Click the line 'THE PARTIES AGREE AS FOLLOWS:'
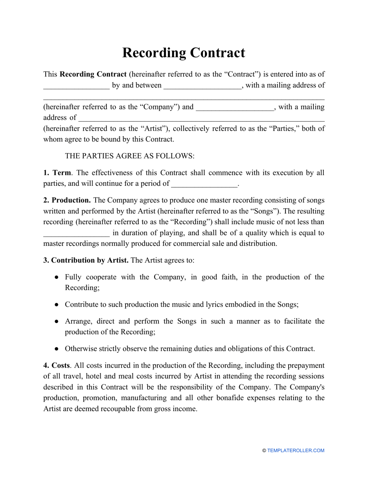click(x=129, y=156)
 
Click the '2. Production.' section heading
click(x=67, y=200)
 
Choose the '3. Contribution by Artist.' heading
click(x=86, y=260)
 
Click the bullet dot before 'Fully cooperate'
click(x=57, y=277)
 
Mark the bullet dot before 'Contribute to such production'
click(x=57, y=305)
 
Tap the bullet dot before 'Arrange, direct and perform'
click(x=57, y=321)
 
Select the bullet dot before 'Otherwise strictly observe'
click(x=57, y=349)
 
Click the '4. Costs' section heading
click(x=57, y=365)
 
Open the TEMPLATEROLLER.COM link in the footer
click(x=296, y=451)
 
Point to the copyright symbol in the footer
click(x=264, y=451)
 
